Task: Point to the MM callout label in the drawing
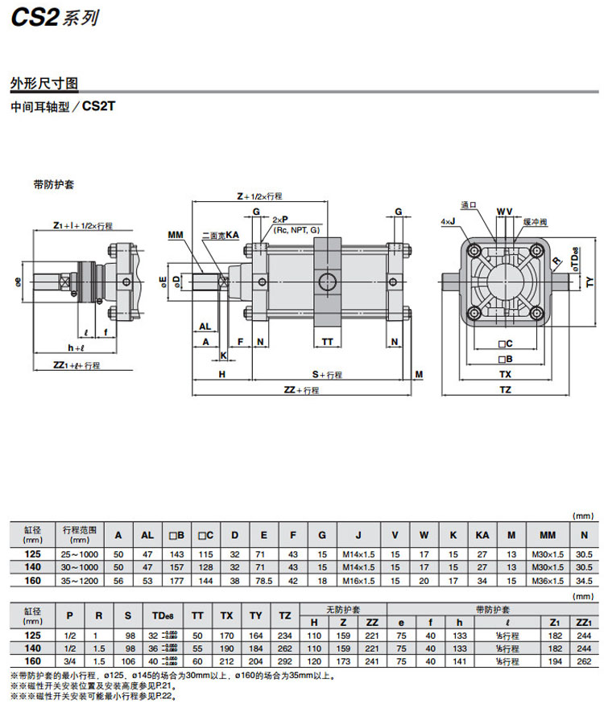tap(176, 235)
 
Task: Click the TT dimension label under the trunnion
tap(327, 341)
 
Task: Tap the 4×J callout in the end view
tap(449, 220)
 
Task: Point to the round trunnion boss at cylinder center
tap(328, 282)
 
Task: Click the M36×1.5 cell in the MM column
tap(547, 580)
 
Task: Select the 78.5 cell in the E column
tap(265, 580)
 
